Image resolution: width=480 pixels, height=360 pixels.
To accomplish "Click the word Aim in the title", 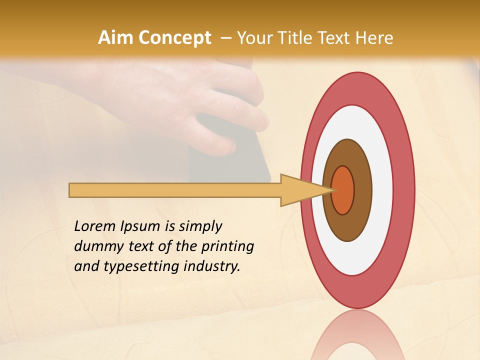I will [x=115, y=38].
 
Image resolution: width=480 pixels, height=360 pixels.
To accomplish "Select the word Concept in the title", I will [x=174, y=38].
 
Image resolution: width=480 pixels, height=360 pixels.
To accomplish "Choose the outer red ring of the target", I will [x=405, y=190].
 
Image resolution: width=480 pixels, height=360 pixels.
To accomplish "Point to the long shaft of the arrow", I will [x=175, y=190].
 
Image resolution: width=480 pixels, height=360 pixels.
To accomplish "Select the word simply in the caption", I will [x=200, y=226].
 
